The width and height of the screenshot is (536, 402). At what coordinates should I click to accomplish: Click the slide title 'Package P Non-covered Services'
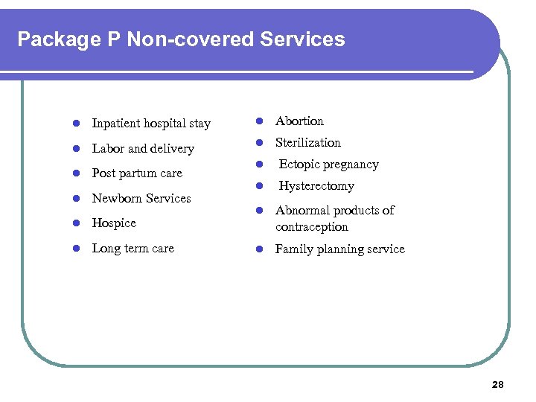click(181, 39)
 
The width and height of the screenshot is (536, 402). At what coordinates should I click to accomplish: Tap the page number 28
click(497, 385)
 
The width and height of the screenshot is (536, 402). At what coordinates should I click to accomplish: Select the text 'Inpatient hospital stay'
click(151, 124)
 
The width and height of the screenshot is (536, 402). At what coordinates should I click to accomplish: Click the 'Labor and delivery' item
click(142, 149)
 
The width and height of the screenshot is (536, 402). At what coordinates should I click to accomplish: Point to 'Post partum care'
click(137, 173)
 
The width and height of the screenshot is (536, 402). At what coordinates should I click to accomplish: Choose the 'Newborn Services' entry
click(141, 199)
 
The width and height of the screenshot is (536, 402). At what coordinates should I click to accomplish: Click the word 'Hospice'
click(114, 223)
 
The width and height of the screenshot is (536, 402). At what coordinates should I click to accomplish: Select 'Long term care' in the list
click(133, 249)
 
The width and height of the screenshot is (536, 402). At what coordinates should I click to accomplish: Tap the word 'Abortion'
click(299, 121)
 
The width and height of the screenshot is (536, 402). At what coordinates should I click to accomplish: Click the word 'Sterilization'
click(308, 143)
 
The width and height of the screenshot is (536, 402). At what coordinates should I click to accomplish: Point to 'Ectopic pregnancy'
click(328, 165)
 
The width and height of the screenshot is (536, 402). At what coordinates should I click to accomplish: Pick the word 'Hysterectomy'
click(316, 186)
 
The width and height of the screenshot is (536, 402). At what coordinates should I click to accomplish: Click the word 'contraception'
click(311, 227)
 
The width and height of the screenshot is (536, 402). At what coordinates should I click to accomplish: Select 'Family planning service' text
click(339, 249)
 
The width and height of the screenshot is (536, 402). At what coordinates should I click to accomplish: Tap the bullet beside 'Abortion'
click(261, 121)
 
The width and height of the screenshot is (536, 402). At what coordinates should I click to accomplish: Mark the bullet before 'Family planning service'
click(261, 249)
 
